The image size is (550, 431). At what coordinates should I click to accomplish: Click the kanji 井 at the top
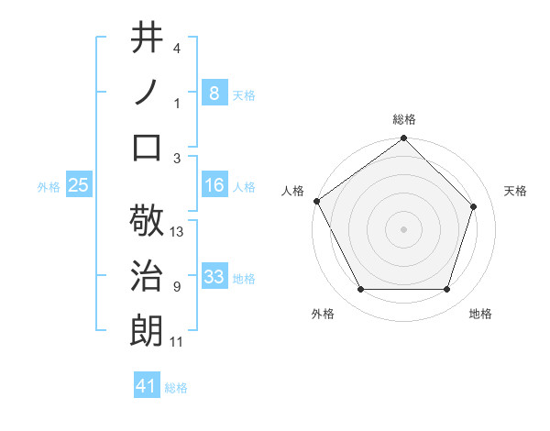[x=148, y=38]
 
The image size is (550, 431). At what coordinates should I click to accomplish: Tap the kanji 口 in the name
[x=148, y=146]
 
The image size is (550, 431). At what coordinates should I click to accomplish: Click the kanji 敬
[x=148, y=221]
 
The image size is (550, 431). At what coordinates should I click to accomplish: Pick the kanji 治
[x=148, y=275]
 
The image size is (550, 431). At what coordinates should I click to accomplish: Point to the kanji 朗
[x=148, y=329]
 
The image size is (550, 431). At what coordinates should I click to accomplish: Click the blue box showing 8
[x=214, y=93]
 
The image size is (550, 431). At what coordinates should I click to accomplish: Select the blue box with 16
[x=214, y=185]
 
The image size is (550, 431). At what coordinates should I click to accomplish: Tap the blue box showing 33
[x=214, y=277]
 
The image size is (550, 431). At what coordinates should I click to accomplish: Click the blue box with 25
[x=78, y=185]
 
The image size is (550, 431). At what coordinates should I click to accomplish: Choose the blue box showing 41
[x=147, y=386]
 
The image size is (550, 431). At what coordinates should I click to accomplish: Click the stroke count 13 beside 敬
[x=178, y=232]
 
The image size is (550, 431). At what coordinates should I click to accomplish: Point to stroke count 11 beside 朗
[x=178, y=342]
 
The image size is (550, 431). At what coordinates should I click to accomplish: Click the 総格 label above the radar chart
[x=404, y=119]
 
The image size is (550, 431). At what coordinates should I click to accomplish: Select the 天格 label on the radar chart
[x=516, y=191]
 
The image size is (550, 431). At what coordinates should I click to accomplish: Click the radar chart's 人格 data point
[x=316, y=201]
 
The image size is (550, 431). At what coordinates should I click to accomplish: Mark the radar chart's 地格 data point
[x=447, y=290]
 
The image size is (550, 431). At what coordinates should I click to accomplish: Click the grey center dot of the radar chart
[x=404, y=228]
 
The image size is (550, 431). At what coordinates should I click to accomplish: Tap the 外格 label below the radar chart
[x=323, y=314]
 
